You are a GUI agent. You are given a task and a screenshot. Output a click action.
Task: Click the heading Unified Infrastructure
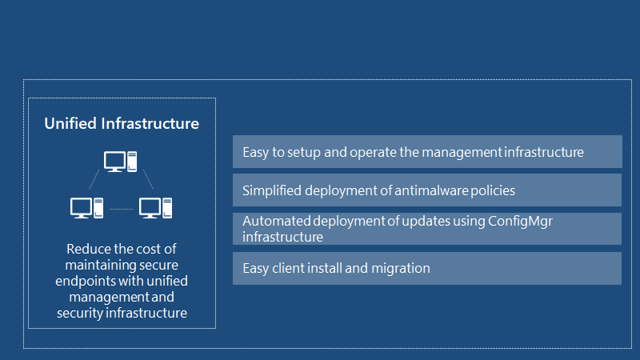click(x=122, y=124)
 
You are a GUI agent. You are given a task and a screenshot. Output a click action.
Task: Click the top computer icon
click(x=121, y=162)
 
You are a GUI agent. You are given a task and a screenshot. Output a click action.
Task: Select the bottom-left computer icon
click(x=86, y=208)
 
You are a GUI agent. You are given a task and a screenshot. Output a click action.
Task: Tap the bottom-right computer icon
click(x=155, y=208)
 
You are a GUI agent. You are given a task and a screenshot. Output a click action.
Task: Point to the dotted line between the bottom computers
click(x=122, y=209)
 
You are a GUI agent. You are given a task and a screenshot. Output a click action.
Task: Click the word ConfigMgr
click(x=521, y=222)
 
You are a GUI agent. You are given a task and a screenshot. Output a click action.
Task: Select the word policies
click(x=493, y=190)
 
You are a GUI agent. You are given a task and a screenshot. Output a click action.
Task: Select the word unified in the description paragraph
click(x=167, y=282)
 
